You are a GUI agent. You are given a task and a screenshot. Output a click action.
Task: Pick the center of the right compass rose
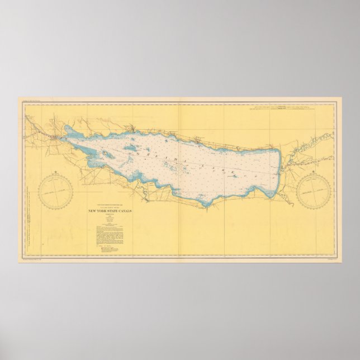(x=315, y=190)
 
